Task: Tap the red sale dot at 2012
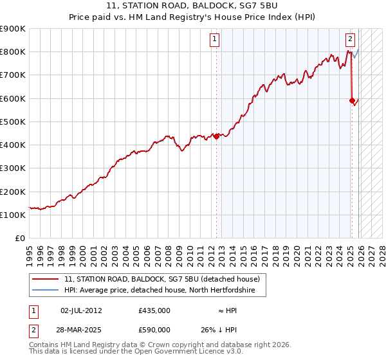pos(216,136)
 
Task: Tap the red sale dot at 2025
pos(352,100)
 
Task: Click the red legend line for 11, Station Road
pos(45,280)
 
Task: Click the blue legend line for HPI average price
pos(45,291)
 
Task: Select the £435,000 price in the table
pos(154,310)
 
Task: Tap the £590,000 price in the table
pos(154,330)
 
